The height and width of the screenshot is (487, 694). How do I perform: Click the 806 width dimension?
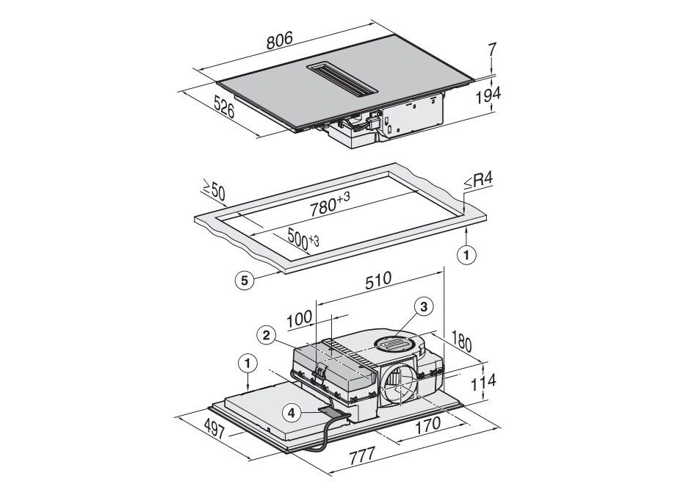click(280, 40)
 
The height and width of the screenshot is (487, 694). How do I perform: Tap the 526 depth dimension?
click(224, 107)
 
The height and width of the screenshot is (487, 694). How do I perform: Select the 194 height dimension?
click(488, 95)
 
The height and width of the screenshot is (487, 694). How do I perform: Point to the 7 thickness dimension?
click(492, 48)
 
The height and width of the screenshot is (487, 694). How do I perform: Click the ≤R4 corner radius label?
click(478, 181)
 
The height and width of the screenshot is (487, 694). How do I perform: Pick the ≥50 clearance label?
click(214, 190)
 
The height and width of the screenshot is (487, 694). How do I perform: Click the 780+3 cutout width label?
click(330, 204)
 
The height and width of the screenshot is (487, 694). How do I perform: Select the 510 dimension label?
click(378, 281)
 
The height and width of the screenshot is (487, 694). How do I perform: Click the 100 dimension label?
click(300, 320)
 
